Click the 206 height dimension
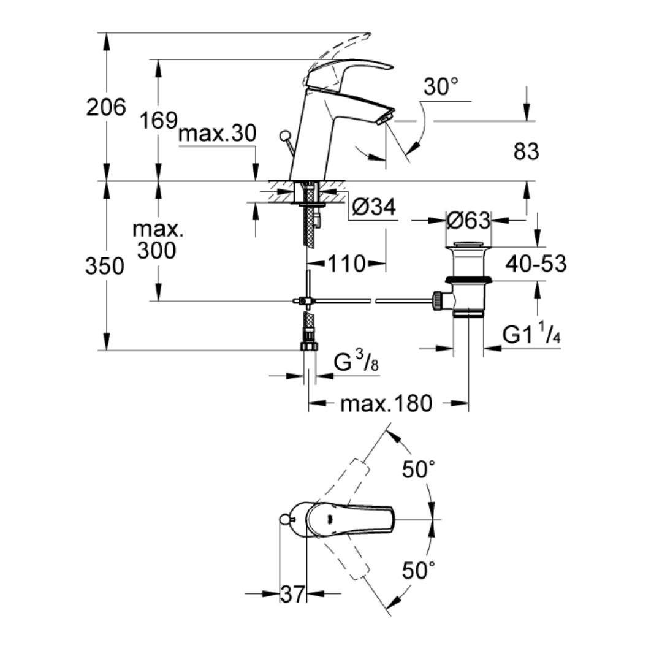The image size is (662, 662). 106,107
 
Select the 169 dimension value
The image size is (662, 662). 159,121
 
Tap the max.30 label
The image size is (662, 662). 217,134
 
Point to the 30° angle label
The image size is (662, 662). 441,86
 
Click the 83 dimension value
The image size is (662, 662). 526,151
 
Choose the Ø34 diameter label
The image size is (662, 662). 374,207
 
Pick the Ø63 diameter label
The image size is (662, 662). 469,221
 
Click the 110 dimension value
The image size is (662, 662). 346,264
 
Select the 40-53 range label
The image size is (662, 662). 536,264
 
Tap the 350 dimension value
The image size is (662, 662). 105,267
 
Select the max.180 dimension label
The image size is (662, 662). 386,403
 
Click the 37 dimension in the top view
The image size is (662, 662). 292,594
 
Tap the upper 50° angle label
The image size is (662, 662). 419,470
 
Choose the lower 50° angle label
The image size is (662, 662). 419,571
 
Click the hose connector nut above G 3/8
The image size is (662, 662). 309,346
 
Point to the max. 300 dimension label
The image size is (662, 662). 158,240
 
